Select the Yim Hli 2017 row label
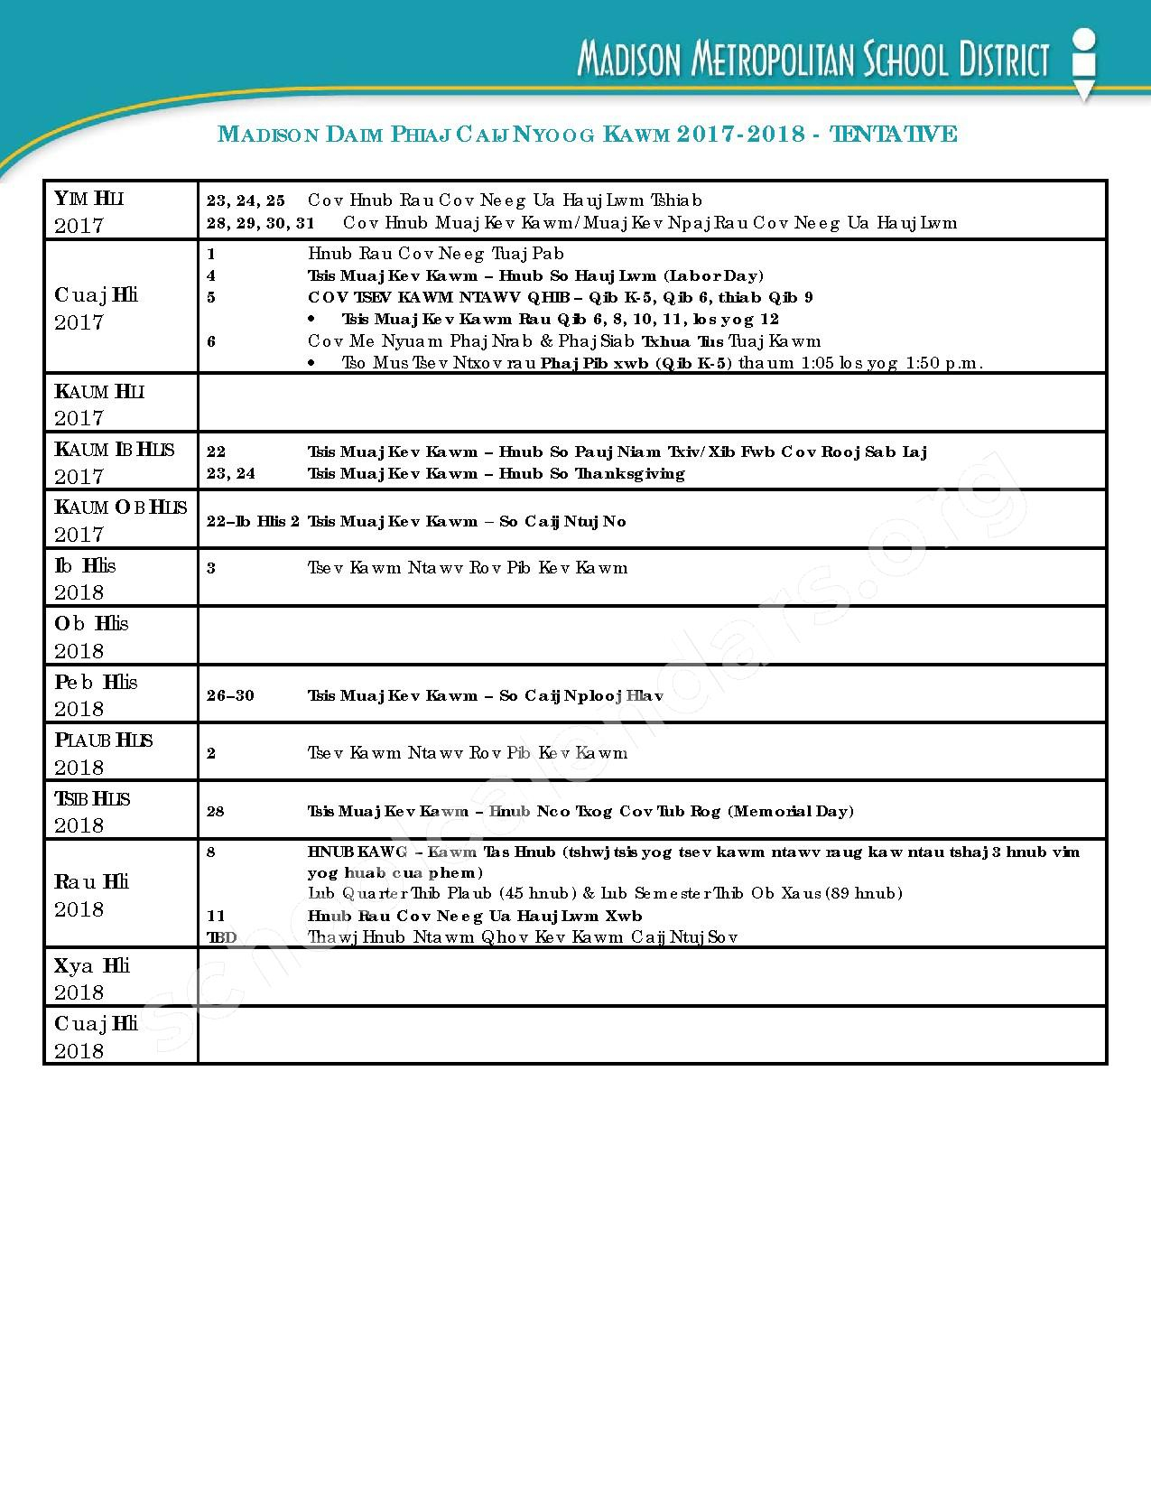pos(89,211)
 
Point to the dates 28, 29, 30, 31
pos(260,222)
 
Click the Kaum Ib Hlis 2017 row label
pos(115,461)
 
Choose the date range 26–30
pos(230,695)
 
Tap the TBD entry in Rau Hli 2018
pos(221,937)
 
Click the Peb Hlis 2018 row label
pos(96,694)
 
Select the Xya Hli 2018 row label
pos(92,978)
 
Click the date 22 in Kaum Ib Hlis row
pos(216,452)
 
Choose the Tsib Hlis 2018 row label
pos(92,811)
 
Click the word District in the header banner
pos(1001,61)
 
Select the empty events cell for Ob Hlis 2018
pos(652,637)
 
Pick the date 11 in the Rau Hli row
pos(216,916)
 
